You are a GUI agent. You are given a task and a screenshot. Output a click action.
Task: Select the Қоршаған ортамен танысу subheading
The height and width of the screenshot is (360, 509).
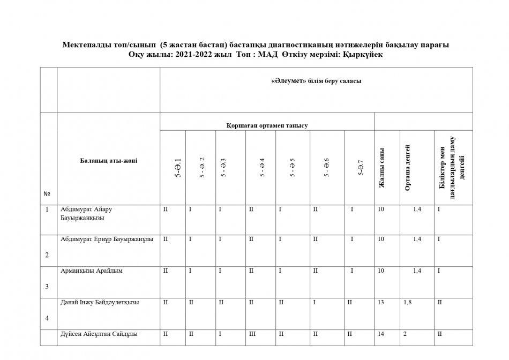pos(267,125)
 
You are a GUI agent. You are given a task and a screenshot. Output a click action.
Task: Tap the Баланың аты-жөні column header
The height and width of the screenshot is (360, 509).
pos(108,161)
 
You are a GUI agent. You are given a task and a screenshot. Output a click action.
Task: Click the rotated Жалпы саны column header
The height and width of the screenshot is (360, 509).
pos(382,167)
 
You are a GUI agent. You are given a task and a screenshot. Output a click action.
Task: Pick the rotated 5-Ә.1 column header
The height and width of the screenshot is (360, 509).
pos(178,167)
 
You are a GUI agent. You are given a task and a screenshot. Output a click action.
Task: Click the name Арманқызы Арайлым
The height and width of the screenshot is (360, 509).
pos(92,271)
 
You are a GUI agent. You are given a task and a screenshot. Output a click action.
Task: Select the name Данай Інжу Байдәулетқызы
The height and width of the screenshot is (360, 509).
pos(100,302)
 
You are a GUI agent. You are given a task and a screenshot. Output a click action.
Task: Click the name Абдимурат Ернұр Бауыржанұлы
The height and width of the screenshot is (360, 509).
pos(108,239)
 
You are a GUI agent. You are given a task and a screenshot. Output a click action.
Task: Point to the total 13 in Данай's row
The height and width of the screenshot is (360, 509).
pos(381,302)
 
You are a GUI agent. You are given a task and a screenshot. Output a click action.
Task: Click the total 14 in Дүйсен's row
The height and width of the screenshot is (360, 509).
pos(381,334)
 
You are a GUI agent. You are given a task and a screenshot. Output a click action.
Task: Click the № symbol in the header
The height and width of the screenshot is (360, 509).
pos(47,193)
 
